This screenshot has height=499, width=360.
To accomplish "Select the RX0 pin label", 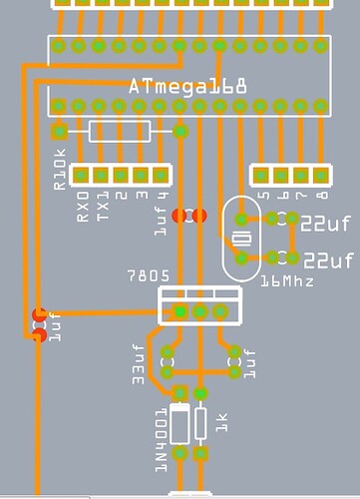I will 83,206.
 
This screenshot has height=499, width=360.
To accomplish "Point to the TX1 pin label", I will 102,206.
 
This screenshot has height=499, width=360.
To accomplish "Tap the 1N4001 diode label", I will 160,429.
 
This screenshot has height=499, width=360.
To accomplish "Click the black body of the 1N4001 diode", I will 180,423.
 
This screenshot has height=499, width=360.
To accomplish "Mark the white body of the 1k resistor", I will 201,423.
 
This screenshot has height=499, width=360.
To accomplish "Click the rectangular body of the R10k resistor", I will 120,131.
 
